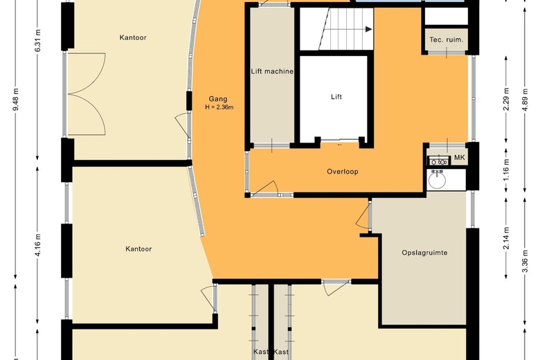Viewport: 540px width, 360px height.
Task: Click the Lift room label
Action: coord(336,97)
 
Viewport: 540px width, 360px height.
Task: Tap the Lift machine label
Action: coord(272,71)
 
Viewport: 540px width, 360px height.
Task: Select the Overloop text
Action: coord(342,172)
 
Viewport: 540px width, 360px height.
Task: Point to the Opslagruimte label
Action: coord(424,253)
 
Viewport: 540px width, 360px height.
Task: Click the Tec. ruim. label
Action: coord(447,39)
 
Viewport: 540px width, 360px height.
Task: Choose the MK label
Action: coord(460,158)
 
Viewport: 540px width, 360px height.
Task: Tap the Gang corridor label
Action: coord(218,100)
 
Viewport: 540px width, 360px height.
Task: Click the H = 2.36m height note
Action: coord(219,107)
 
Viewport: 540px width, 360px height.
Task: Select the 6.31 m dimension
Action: coord(38,41)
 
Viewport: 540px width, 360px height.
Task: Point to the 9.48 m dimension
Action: coord(16,100)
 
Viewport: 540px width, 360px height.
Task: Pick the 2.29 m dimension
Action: coord(506,99)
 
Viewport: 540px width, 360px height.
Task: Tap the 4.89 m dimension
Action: coord(525,100)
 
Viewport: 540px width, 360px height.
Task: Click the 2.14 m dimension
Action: coord(506,238)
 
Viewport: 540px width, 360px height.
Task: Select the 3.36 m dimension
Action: coord(525,261)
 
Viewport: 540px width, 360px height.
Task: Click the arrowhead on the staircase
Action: coord(368,29)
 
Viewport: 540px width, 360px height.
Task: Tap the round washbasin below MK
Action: coord(437,179)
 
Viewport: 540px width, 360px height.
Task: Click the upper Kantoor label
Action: coord(133,37)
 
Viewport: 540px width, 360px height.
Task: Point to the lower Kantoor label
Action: coord(138,249)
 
